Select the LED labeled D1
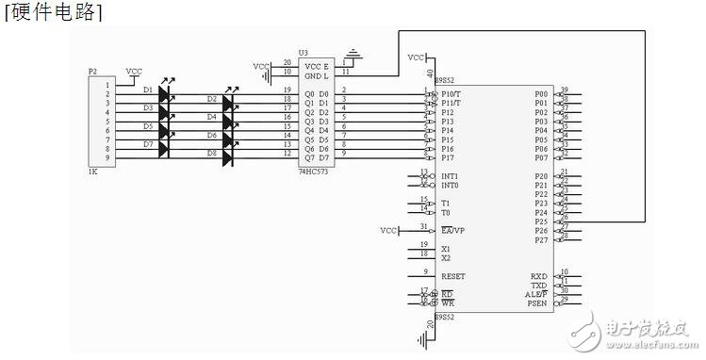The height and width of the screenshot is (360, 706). click(x=167, y=94)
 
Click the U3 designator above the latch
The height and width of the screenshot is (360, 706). click(x=303, y=53)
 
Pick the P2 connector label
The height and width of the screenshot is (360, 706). click(x=91, y=71)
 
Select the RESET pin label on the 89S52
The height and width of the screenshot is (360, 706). click(x=453, y=277)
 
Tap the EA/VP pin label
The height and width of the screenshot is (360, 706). click(x=452, y=230)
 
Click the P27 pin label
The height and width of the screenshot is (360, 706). click(x=540, y=240)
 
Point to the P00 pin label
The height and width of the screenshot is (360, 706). click(x=540, y=94)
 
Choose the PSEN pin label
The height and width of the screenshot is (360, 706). click(x=537, y=303)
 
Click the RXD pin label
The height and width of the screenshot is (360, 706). click(x=538, y=276)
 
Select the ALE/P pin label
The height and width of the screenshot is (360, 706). click(x=536, y=294)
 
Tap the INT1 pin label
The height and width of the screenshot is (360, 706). click(x=450, y=176)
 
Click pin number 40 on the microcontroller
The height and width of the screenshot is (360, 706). click(x=431, y=73)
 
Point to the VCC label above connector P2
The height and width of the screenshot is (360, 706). click(x=135, y=71)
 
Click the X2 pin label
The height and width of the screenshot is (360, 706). click(x=446, y=257)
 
